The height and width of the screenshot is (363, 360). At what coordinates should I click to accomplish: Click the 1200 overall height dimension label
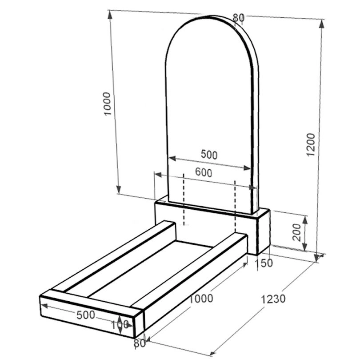pos(311,145)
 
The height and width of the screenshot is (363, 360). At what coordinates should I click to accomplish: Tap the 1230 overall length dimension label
pos(273,299)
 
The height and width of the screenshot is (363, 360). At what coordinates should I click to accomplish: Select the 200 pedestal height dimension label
pos(296,232)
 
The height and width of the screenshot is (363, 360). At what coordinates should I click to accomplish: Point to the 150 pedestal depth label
pos(264,263)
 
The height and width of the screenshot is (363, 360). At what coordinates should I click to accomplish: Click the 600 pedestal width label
pos(204,172)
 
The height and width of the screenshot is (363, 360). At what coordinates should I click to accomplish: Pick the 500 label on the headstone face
pos(209,155)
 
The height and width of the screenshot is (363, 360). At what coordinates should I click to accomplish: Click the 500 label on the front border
pos(86,315)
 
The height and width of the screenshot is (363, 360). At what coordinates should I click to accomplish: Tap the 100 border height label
pos(120,325)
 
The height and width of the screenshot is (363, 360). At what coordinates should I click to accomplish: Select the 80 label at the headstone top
pos(238,17)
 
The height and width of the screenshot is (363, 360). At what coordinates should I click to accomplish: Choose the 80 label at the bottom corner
pos(140,343)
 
